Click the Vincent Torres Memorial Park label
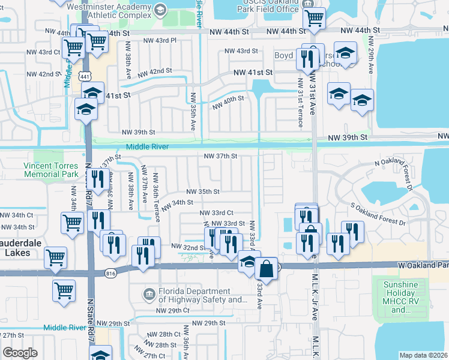(x=51, y=169)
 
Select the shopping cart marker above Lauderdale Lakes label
(x=72, y=223)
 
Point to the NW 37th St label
(x=221, y=156)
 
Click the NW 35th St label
(x=203, y=191)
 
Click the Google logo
(x=20, y=353)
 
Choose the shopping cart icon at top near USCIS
(x=313, y=19)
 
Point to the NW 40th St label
(x=228, y=102)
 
